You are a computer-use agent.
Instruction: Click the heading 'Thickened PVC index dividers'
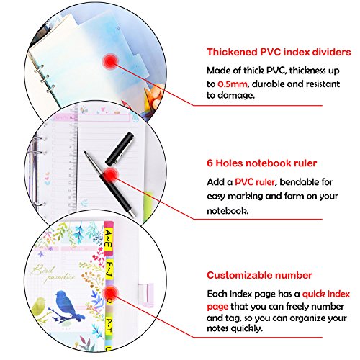tap(279, 52)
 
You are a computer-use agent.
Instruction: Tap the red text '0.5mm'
tap(232, 84)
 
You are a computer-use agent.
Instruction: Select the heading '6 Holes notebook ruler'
tap(262, 163)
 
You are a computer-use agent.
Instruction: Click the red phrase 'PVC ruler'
tap(255, 182)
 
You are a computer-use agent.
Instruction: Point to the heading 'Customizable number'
tap(259, 275)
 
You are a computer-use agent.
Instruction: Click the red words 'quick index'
tap(326, 294)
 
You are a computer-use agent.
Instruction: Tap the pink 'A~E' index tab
tap(109, 239)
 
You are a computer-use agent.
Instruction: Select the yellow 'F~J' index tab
tap(109, 270)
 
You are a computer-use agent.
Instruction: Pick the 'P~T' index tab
tap(109, 325)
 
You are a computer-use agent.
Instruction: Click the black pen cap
tap(120, 148)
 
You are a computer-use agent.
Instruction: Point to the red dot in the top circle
tap(110, 62)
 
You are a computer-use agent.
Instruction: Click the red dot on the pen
tap(110, 175)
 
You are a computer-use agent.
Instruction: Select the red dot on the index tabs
tap(110, 294)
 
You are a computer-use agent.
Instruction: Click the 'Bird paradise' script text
tap(52, 274)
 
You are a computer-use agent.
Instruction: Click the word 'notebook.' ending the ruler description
tap(228, 211)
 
